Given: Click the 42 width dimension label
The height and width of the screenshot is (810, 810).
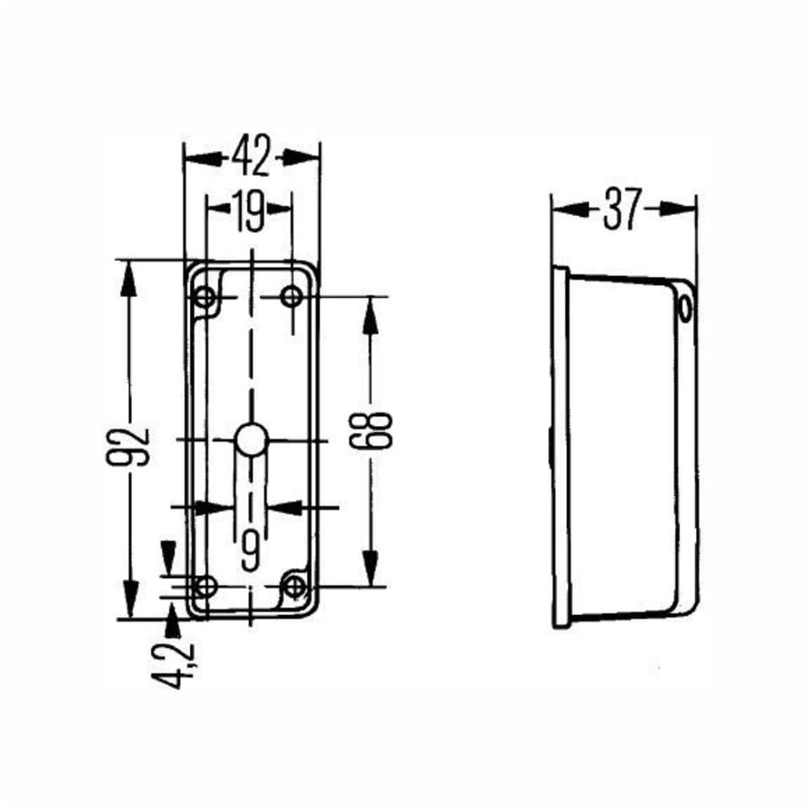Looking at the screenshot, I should [251, 157].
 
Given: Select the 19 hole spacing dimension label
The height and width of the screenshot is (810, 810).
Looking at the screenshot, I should [250, 211].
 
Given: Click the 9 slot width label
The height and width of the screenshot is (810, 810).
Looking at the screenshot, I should [250, 549].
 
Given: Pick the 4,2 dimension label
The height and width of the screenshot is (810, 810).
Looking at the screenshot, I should [177, 665].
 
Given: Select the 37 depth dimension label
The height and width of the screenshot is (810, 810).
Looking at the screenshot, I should [624, 209].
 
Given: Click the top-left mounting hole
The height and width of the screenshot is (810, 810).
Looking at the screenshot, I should [204, 297].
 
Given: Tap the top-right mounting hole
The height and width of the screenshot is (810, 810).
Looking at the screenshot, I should [291, 297].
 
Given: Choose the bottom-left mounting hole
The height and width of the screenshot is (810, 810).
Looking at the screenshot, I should [204, 586].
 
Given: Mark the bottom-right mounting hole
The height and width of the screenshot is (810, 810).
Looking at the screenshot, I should [294, 586].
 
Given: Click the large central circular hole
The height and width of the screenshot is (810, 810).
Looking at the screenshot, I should [251, 440].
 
